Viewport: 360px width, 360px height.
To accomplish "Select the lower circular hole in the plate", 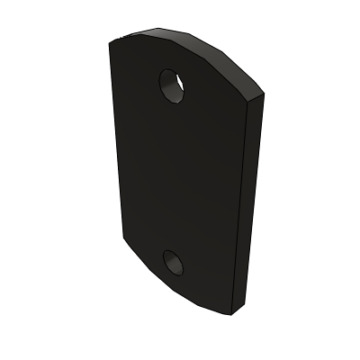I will [173, 262].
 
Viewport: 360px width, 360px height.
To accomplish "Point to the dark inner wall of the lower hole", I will [169, 259].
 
